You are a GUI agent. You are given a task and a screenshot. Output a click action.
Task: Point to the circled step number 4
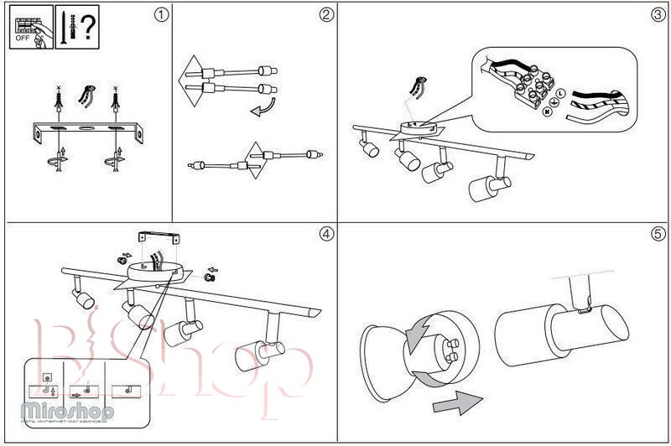coord(325,235)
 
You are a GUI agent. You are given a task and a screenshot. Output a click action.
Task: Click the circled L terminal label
coord(560,91)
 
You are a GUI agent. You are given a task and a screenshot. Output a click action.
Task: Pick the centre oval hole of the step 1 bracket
coord(85,130)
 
